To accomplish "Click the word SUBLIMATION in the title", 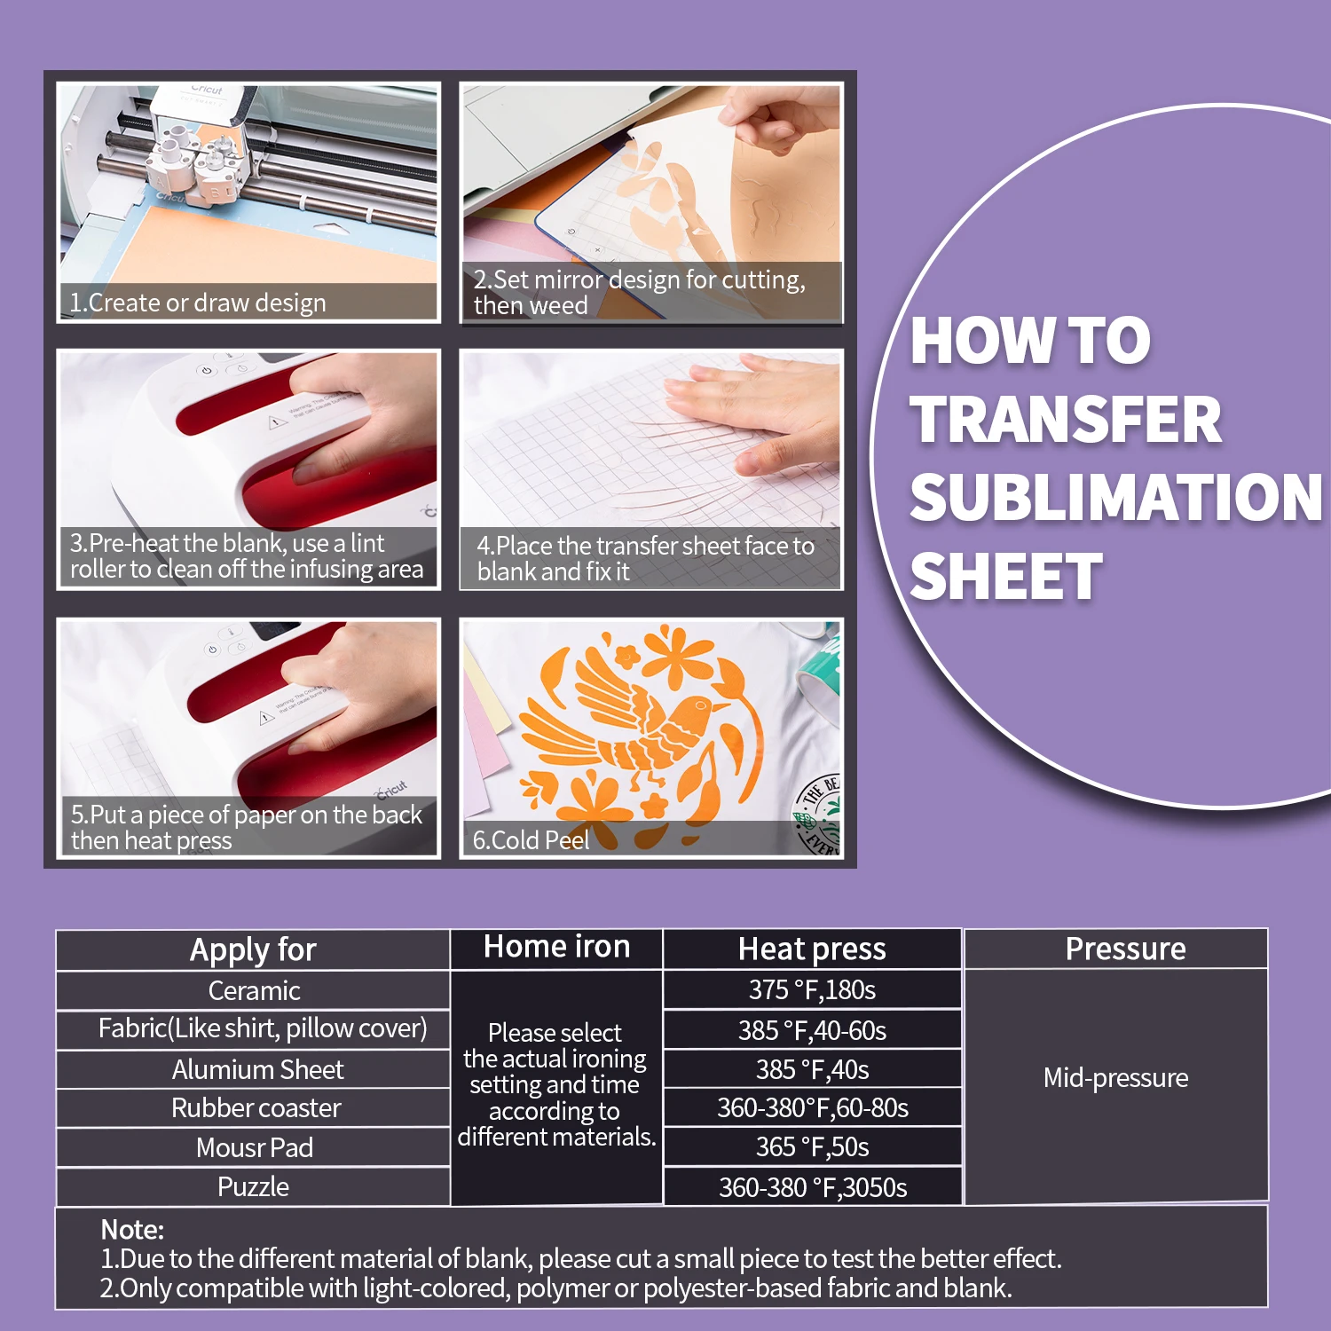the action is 1115,497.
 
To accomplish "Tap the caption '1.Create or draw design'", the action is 198,303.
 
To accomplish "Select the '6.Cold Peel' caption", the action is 531,840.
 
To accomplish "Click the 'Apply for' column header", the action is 253,949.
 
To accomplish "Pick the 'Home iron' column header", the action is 557,947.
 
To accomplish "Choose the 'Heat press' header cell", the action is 812,949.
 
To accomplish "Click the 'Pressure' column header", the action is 1125,949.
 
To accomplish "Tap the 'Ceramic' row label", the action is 254,990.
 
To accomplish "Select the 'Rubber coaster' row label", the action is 256,1108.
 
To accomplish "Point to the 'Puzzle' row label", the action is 253,1187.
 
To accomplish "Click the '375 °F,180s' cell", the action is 812,990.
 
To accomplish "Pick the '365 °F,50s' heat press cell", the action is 812,1147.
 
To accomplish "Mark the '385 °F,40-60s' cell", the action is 812,1030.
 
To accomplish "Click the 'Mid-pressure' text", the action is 1115,1078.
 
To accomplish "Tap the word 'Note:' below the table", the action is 132,1230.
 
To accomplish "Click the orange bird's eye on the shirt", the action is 701,706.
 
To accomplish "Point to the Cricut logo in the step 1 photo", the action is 207,90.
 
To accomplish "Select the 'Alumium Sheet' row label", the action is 257,1069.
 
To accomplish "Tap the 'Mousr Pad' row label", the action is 254,1147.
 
